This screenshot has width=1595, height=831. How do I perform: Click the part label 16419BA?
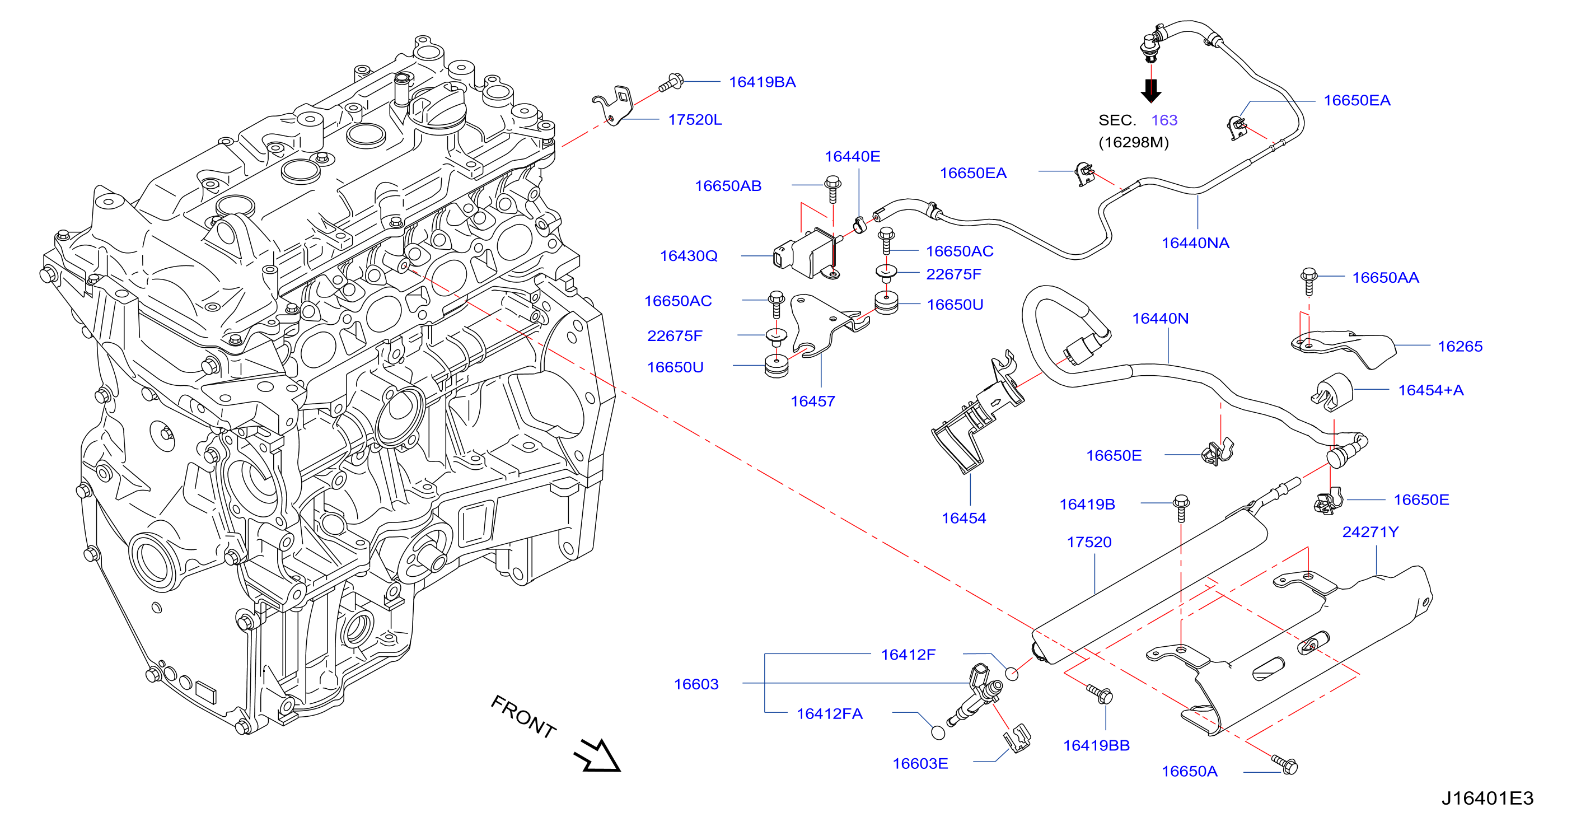(x=761, y=82)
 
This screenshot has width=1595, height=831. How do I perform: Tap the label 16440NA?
(x=1195, y=242)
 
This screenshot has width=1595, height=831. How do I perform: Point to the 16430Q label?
(x=689, y=256)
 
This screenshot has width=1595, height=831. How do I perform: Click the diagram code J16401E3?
(x=1488, y=798)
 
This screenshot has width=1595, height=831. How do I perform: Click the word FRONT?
(x=523, y=716)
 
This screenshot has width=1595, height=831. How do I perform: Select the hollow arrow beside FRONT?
(x=597, y=755)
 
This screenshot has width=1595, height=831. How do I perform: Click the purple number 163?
(x=1164, y=120)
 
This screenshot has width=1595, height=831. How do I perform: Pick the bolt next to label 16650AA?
(x=1308, y=282)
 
